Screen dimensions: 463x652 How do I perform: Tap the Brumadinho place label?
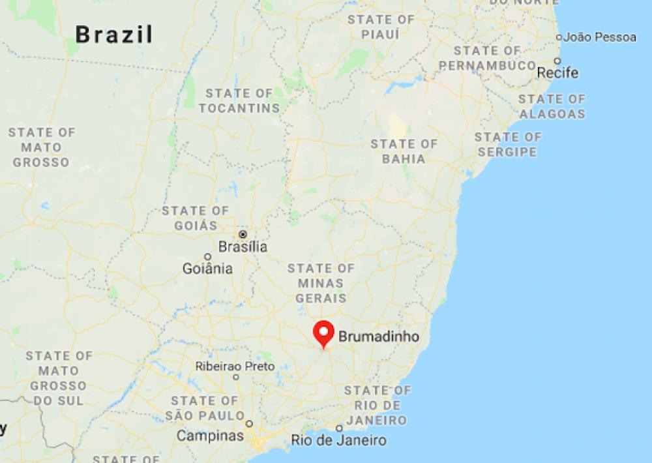(378, 337)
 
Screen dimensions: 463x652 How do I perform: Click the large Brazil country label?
(114, 34)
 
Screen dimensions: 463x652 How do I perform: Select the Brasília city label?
(243, 247)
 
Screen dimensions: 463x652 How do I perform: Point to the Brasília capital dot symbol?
(243, 233)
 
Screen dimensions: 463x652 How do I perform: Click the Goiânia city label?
(208, 268)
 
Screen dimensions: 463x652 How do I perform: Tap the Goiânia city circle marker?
(208, 256)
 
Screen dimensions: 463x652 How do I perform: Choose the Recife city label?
(557, 72)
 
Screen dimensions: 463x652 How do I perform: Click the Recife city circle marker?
(557, 61)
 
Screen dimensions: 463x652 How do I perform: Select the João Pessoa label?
(600, 37)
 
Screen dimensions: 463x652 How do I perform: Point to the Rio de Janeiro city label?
(338, 441)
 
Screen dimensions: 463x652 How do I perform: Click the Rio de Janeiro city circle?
(339, 428)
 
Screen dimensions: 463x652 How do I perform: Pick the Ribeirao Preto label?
(235, 366)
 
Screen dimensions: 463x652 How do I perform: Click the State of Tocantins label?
(239, 100)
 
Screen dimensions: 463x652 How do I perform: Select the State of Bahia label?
(404, 151)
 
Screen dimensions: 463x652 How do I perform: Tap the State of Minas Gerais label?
(321, 283)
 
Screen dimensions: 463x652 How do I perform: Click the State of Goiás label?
(196, 218)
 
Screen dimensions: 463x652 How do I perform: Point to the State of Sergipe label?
(507, 145)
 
